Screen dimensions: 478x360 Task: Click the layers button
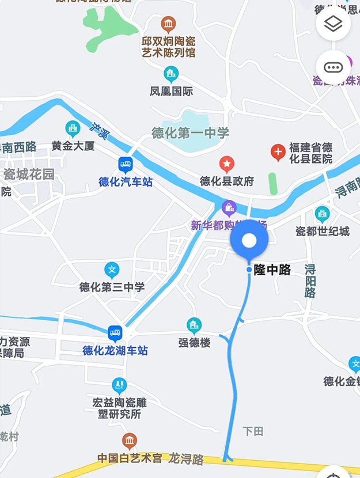click(334, 24)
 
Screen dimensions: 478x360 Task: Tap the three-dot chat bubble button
click(334, 67)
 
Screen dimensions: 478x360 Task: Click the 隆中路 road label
click(272, 270)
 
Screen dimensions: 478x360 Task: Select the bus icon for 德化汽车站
click(126, 165)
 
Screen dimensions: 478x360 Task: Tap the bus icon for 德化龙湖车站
click(115, 333)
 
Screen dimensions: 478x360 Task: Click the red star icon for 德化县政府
click(227, 164)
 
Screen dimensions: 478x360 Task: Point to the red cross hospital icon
click(278, 153)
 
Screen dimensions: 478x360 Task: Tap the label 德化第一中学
click(190, 133)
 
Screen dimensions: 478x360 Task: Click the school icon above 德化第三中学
click(112, 270)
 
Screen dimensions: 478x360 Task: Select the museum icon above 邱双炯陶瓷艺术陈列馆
click(169, 24)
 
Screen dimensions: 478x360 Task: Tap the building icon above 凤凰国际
click(171, 73)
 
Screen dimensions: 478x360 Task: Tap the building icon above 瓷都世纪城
click(323, 214)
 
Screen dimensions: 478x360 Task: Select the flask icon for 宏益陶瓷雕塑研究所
click(119, 385)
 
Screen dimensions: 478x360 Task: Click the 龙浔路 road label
click(186, 459)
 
